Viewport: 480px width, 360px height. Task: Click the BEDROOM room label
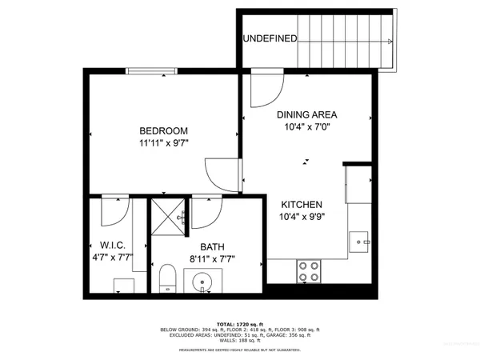coord(163,131)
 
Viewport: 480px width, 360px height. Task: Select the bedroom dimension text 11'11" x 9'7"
coord(163,145)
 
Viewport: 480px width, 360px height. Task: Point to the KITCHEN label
coord(301,204)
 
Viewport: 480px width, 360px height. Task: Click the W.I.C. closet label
coord(110,245)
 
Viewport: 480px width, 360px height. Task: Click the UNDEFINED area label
coord(270,38)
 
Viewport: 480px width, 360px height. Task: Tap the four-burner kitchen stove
coord(310,270)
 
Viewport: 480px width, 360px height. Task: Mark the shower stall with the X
coord(169,216)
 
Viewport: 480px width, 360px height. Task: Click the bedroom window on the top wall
coord(152,70)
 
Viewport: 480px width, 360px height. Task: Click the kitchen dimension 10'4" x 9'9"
coord(301,217)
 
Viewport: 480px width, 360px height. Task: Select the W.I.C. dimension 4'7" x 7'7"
coord(110,258)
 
